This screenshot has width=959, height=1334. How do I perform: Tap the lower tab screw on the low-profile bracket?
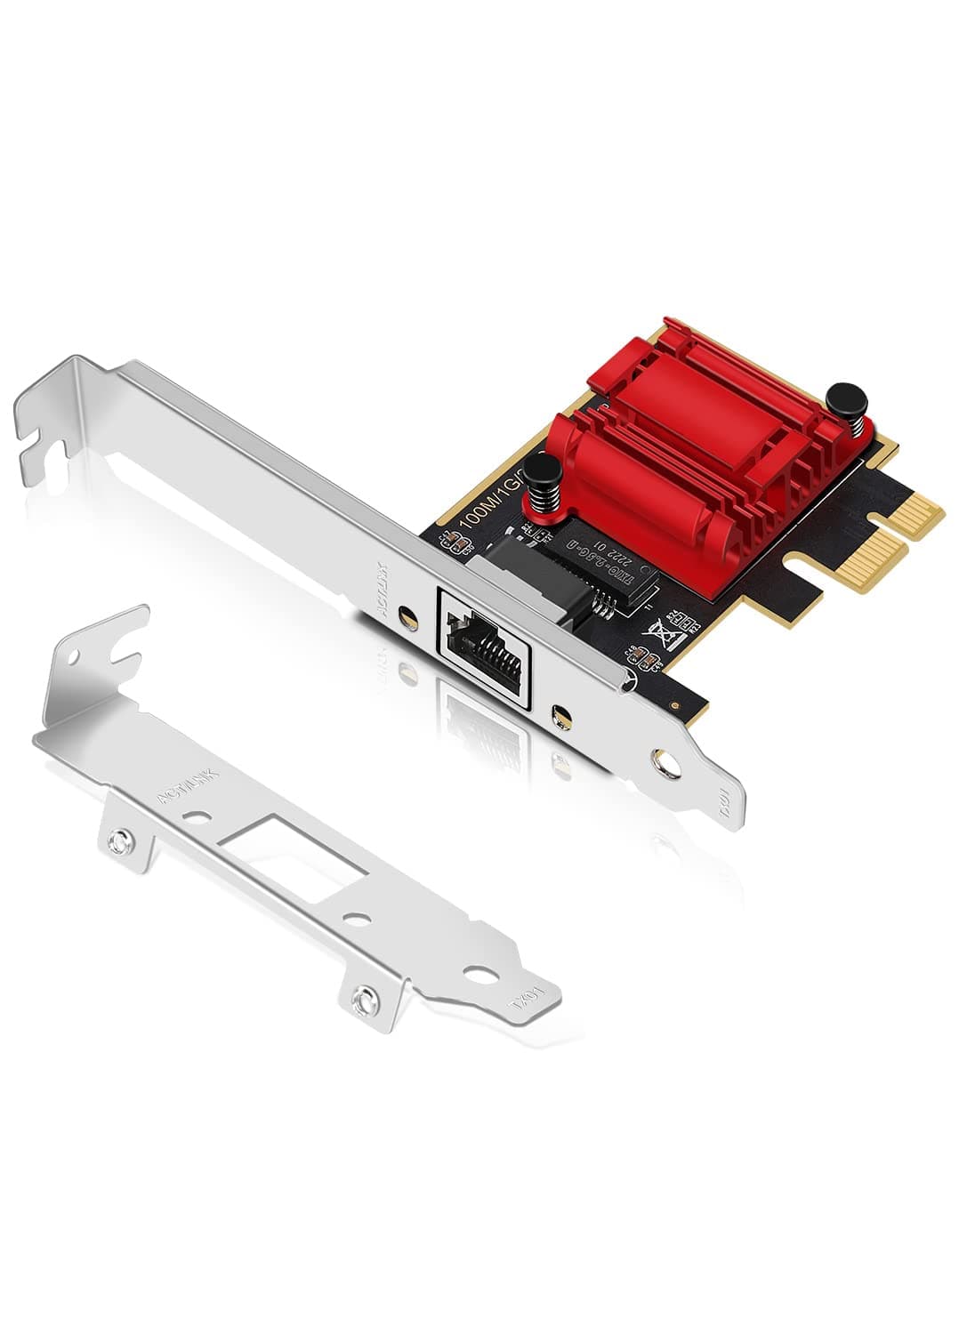pos(364,1002)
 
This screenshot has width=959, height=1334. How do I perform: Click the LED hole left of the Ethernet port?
pos(409,615)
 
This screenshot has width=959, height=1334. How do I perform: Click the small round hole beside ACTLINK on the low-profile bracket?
pos(198,815)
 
